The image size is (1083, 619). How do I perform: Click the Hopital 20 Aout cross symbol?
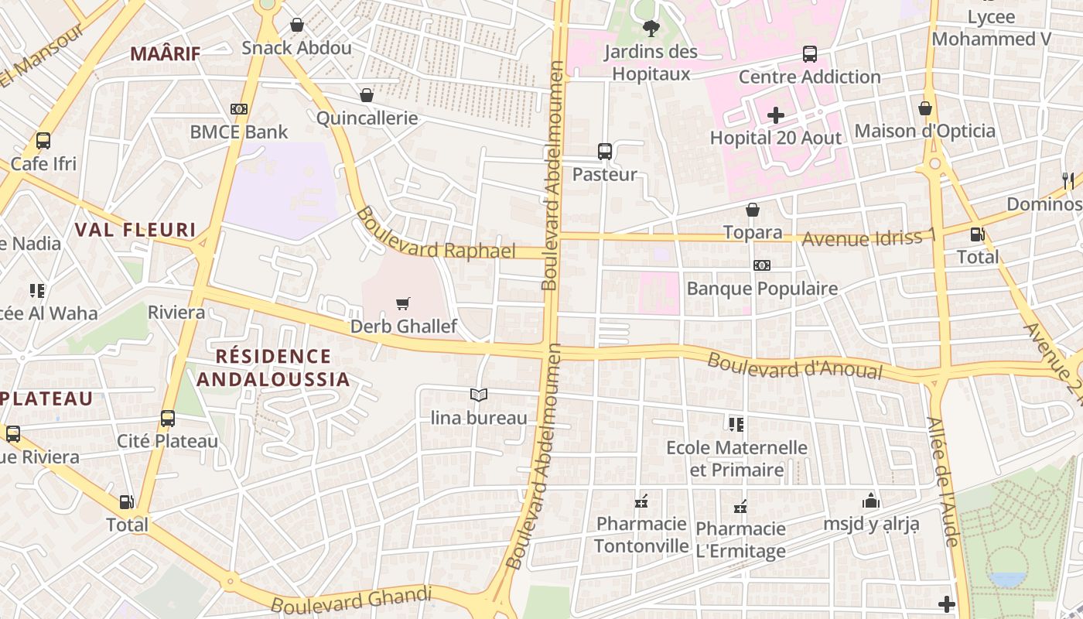tap(775, 115)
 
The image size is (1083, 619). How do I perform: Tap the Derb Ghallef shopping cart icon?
tap(402, 303)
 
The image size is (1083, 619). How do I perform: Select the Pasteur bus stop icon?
tap(604, 152)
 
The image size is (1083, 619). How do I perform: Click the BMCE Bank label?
tap(239, 132)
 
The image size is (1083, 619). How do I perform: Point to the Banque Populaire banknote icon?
tap(761, 265)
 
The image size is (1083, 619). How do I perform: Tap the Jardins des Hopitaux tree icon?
tap(651, 29)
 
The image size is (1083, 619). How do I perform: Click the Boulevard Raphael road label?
tap(436, 234)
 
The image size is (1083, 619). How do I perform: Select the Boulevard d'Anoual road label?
tap(794, 365)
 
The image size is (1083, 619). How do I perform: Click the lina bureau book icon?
tap(479, 395)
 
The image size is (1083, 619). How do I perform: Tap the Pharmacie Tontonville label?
tap(641, 535)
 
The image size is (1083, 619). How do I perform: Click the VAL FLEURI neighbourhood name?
tap(135, 230)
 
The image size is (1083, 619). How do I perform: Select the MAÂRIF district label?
tap(165, 53)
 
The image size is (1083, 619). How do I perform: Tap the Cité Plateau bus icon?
tap(167, 419)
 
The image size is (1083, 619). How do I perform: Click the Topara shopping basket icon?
tap(752, 210)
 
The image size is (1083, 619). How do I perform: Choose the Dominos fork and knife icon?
tap(1068, 181)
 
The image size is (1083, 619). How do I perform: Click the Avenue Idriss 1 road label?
tap(868, 238)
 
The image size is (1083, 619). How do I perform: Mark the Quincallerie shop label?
tap(367, 118)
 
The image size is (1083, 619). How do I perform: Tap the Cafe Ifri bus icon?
tap(43, 141)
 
